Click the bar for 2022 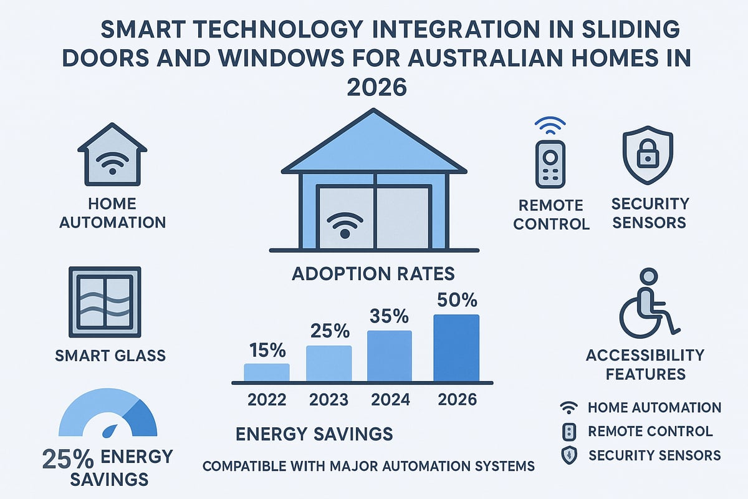[x=266, y=372]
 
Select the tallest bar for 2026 [x=456, y=348]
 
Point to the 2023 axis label [x=328, y=399]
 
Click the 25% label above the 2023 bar [x=328, y=331]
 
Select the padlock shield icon [x=648, y=156]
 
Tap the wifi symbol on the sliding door [x=344, y=225]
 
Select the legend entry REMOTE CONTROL [x=650, y=431]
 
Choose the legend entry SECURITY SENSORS [x=654, y=455]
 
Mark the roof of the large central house [x=374, y=147]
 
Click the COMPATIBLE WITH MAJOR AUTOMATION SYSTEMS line [x=369, y=465]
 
